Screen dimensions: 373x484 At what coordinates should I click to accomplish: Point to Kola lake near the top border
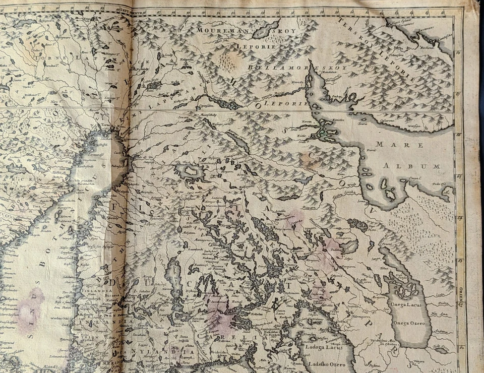(266, 29)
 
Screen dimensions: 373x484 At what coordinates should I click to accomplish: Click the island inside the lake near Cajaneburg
(191, 172)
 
